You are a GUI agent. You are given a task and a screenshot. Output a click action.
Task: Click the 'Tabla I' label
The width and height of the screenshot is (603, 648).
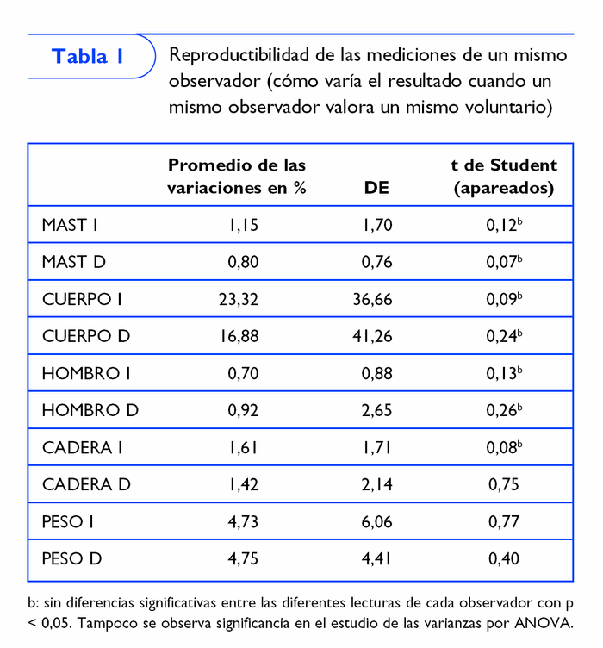pos(88,57)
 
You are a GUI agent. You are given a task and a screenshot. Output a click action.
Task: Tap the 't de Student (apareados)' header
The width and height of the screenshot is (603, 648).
pos(504,176)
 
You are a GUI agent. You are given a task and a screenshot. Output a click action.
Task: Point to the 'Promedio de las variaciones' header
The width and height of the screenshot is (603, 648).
pos(237,176)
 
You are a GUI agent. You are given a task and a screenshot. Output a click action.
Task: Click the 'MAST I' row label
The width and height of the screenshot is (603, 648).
pos(70,226)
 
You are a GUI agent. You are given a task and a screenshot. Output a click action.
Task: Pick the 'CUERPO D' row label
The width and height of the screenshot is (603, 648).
pos(86,336)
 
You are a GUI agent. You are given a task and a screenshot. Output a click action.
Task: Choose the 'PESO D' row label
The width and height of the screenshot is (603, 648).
pos(71,558)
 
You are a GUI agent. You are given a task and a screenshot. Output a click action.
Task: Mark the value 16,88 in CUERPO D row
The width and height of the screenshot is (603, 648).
pos(239,336)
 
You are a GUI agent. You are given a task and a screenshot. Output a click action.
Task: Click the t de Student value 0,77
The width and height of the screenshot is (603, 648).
pos(504,521)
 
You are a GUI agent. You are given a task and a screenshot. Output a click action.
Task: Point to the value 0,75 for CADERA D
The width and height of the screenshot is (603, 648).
pos(504,484)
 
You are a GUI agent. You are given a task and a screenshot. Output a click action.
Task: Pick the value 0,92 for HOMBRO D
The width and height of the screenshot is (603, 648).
pos(243,410)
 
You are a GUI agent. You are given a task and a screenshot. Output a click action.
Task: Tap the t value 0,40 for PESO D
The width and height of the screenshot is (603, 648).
pos(504,558)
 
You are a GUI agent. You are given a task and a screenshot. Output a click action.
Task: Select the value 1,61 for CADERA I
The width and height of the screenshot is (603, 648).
pos(243,447)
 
